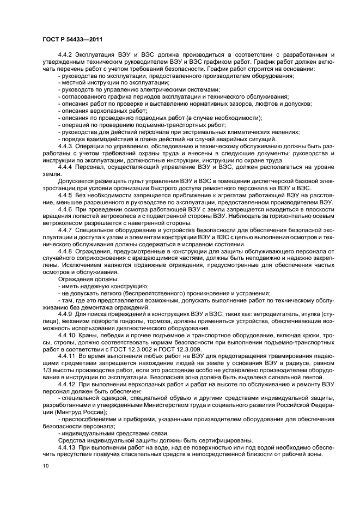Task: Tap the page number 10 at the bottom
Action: coord(46,466)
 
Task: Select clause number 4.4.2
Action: coord(65,55)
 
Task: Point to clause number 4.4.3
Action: coord(65,147)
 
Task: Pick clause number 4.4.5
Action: coord(65,195)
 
